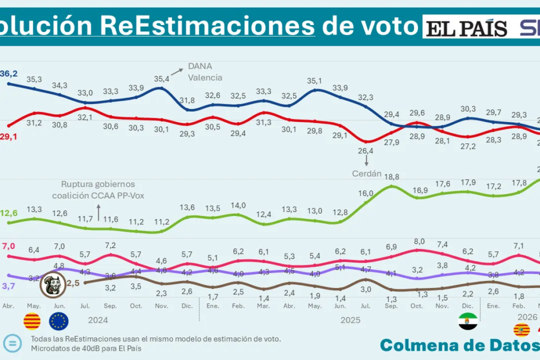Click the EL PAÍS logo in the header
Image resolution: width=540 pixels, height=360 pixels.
pyautogui.click(x=466, y=27)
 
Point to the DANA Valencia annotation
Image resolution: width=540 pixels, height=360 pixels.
pyautogui.click(x=204, y=72)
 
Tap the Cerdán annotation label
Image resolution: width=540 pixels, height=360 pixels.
pyautogui.click(x=366, y=173)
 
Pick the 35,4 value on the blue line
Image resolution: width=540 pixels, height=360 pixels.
pyautogui.click(x=161, y=78)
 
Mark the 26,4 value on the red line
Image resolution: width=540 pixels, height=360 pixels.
pyautogui.click(x=366, y=152)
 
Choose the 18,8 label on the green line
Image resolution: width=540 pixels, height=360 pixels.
pyautogui.click(x=392, y=176)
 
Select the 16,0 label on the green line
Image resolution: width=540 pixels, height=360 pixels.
pyautogui.click(x=365, y=193)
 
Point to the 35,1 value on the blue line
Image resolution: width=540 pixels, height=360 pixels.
pyautogui.click(x=314, y=81)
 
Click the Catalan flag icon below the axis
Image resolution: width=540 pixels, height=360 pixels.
pyautogui.click(x=32, y=321)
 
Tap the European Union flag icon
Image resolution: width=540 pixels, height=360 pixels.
pyautogui.click(x=59, y=321)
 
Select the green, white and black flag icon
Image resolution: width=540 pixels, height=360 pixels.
pyautogui.click(x=467, y=321)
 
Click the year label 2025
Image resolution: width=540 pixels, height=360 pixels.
pyautogui.click(x=351, y=320)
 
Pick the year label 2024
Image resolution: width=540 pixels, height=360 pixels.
pyautogui.click(x=99, y=319)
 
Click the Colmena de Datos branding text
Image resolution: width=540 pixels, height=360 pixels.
pyautogui.click(x=458, y=345)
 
